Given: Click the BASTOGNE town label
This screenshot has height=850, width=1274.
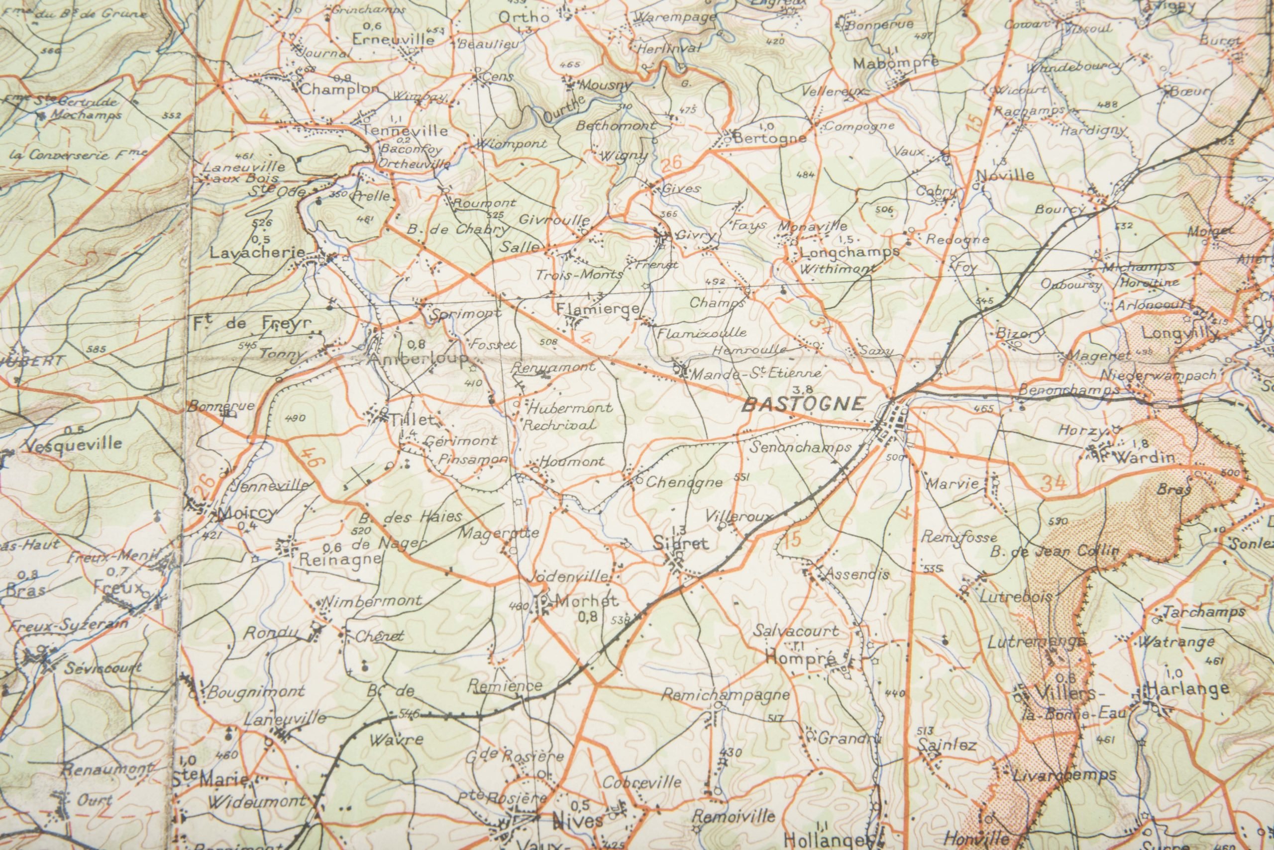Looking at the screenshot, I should [803, 404].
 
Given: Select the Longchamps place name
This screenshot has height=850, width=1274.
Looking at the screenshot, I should [849, 252].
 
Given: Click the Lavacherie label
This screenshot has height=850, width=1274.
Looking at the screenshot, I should [258, 253].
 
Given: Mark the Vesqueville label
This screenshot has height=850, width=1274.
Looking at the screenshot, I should [74, 444].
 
